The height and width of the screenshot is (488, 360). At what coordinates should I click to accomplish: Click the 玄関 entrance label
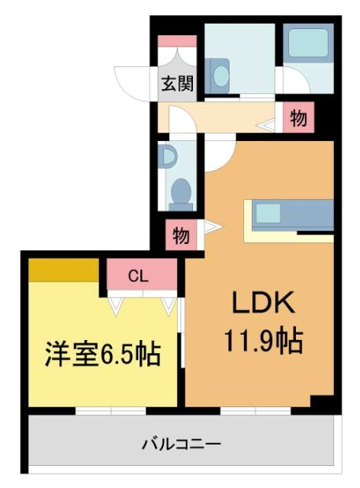pyautogui.click(x=176, y=85)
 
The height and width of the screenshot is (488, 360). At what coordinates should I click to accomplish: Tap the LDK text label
pyautogui.click(x=263, y=304)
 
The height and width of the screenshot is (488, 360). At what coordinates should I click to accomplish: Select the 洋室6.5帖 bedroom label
pyautogui.click(x=102, y=354)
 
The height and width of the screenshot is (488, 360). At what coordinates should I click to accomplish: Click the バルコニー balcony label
pyautogui.click(x=182, y=443)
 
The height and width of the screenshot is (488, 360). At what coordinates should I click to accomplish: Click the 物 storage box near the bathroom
pyautogui.click(x=299, y=118)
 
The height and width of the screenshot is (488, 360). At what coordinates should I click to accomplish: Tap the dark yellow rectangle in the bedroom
pyautogui.click(x=64, y=269)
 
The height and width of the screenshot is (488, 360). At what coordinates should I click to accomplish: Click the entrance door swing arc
pyautogui.click(x=132, y=82)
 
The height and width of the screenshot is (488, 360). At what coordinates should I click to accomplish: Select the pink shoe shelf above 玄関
pyautogui.click(x=177, y=40)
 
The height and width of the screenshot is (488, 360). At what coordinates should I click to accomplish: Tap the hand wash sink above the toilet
pyautogui.click(x=168, y=156)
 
